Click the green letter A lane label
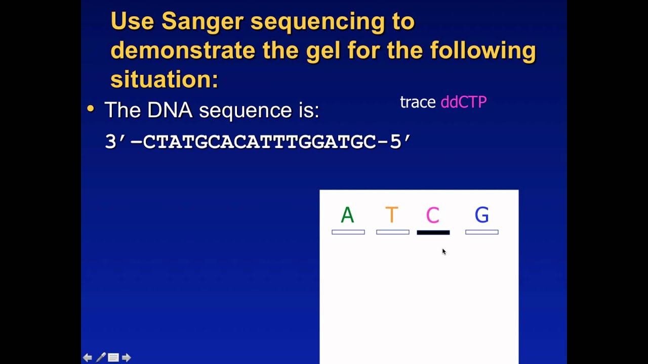347,215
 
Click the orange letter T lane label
392,215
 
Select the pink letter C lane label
432,215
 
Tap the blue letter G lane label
481,215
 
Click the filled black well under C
433,233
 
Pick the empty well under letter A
348,232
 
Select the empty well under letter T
393,232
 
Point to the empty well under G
482,232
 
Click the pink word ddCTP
463,102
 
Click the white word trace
418,102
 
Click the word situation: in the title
164,79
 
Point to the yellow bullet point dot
91,109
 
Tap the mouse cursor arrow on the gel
444,251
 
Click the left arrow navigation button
88,357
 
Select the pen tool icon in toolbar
101,357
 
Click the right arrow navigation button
127,357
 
